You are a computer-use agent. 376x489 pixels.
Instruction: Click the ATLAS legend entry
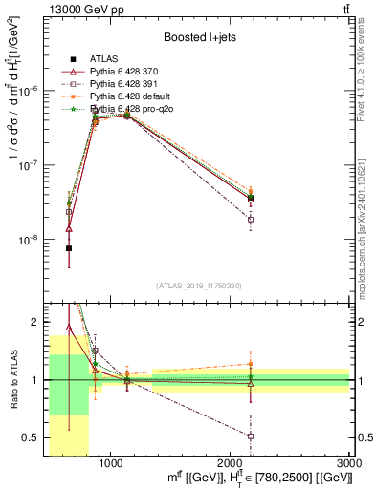[97, 59]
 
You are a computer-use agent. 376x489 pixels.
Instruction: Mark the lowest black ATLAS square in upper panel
[69, 248]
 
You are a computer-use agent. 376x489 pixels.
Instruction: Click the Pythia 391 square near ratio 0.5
[251, 436]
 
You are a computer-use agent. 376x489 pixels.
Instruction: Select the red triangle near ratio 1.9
[69, 328]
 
